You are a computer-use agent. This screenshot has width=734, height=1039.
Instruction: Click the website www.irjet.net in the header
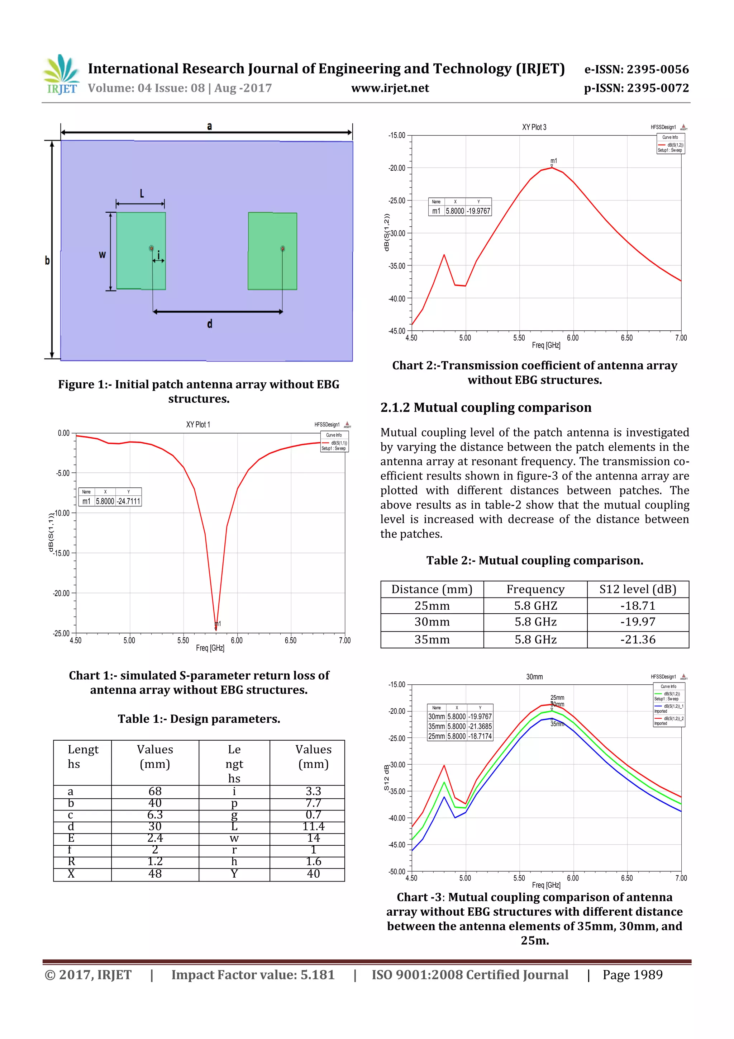pos(390,88)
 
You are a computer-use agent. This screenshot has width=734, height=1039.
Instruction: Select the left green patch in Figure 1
pos(140,251)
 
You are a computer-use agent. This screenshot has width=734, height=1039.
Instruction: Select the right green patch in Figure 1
pos(272,251)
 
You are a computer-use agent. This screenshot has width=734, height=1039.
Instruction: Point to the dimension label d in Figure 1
pos(209,324)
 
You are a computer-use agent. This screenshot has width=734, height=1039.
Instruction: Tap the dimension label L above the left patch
pos(142,194)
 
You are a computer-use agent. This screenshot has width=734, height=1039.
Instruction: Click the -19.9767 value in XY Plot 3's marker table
pos(478,211)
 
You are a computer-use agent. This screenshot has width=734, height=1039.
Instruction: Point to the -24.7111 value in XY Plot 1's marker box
pos(129,501)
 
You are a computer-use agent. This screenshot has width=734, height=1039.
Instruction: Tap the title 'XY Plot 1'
pos(197,425)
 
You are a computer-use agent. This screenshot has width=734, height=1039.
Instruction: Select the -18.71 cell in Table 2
pos(638,605)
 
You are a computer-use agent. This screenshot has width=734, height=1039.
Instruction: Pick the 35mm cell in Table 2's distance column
pos(432,639)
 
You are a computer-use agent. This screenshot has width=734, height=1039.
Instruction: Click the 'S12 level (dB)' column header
pos(638,589)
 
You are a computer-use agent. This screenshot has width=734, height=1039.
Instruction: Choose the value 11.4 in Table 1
pos(313,826)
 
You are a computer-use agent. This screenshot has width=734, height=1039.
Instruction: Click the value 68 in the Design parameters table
pos(155,791)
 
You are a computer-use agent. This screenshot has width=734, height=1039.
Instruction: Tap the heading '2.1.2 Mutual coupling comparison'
pos(486,408)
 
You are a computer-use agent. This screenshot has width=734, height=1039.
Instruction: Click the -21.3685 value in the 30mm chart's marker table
pos(480,726)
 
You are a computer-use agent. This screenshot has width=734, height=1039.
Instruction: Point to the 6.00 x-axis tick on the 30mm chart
pos(573,878)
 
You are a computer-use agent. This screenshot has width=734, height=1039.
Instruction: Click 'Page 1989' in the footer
pos(632,975)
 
